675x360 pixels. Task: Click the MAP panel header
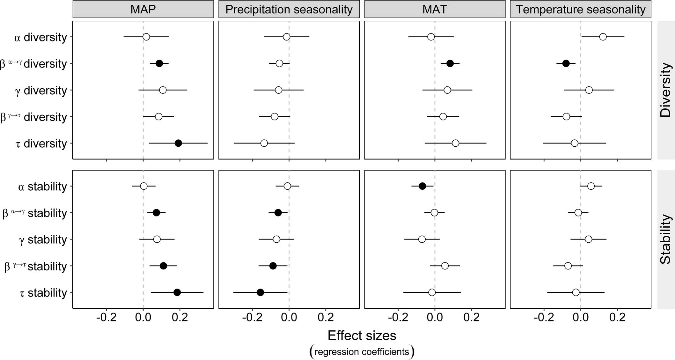coord(143,9)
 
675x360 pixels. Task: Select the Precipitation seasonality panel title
coord(289,9)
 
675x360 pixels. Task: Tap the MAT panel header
coord(435,9)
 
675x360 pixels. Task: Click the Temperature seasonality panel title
coord(581,9)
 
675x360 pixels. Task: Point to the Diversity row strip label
coord(666,90)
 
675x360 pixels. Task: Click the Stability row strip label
coord(666,239)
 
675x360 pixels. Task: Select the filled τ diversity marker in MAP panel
coord(178,143)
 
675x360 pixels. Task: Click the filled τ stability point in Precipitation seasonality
coord(260,292)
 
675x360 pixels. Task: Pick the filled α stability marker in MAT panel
coord(422,186)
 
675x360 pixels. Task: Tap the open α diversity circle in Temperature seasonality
coord(603,37)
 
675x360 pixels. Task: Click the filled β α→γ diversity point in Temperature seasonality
coord(566,63)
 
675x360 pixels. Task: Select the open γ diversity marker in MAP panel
coord(163,90)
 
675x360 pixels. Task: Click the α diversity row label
coord(41,37)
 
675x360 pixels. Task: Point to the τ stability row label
coord(43,293)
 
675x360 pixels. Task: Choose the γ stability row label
coord(43,239)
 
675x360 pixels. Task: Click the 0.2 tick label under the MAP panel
coord(180,318)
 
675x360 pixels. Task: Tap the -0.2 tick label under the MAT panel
coord(398,318)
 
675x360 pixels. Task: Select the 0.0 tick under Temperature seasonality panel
coord(581,318)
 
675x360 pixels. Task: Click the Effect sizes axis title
coord(362,336)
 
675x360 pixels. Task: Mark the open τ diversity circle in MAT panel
coord(455,143)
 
